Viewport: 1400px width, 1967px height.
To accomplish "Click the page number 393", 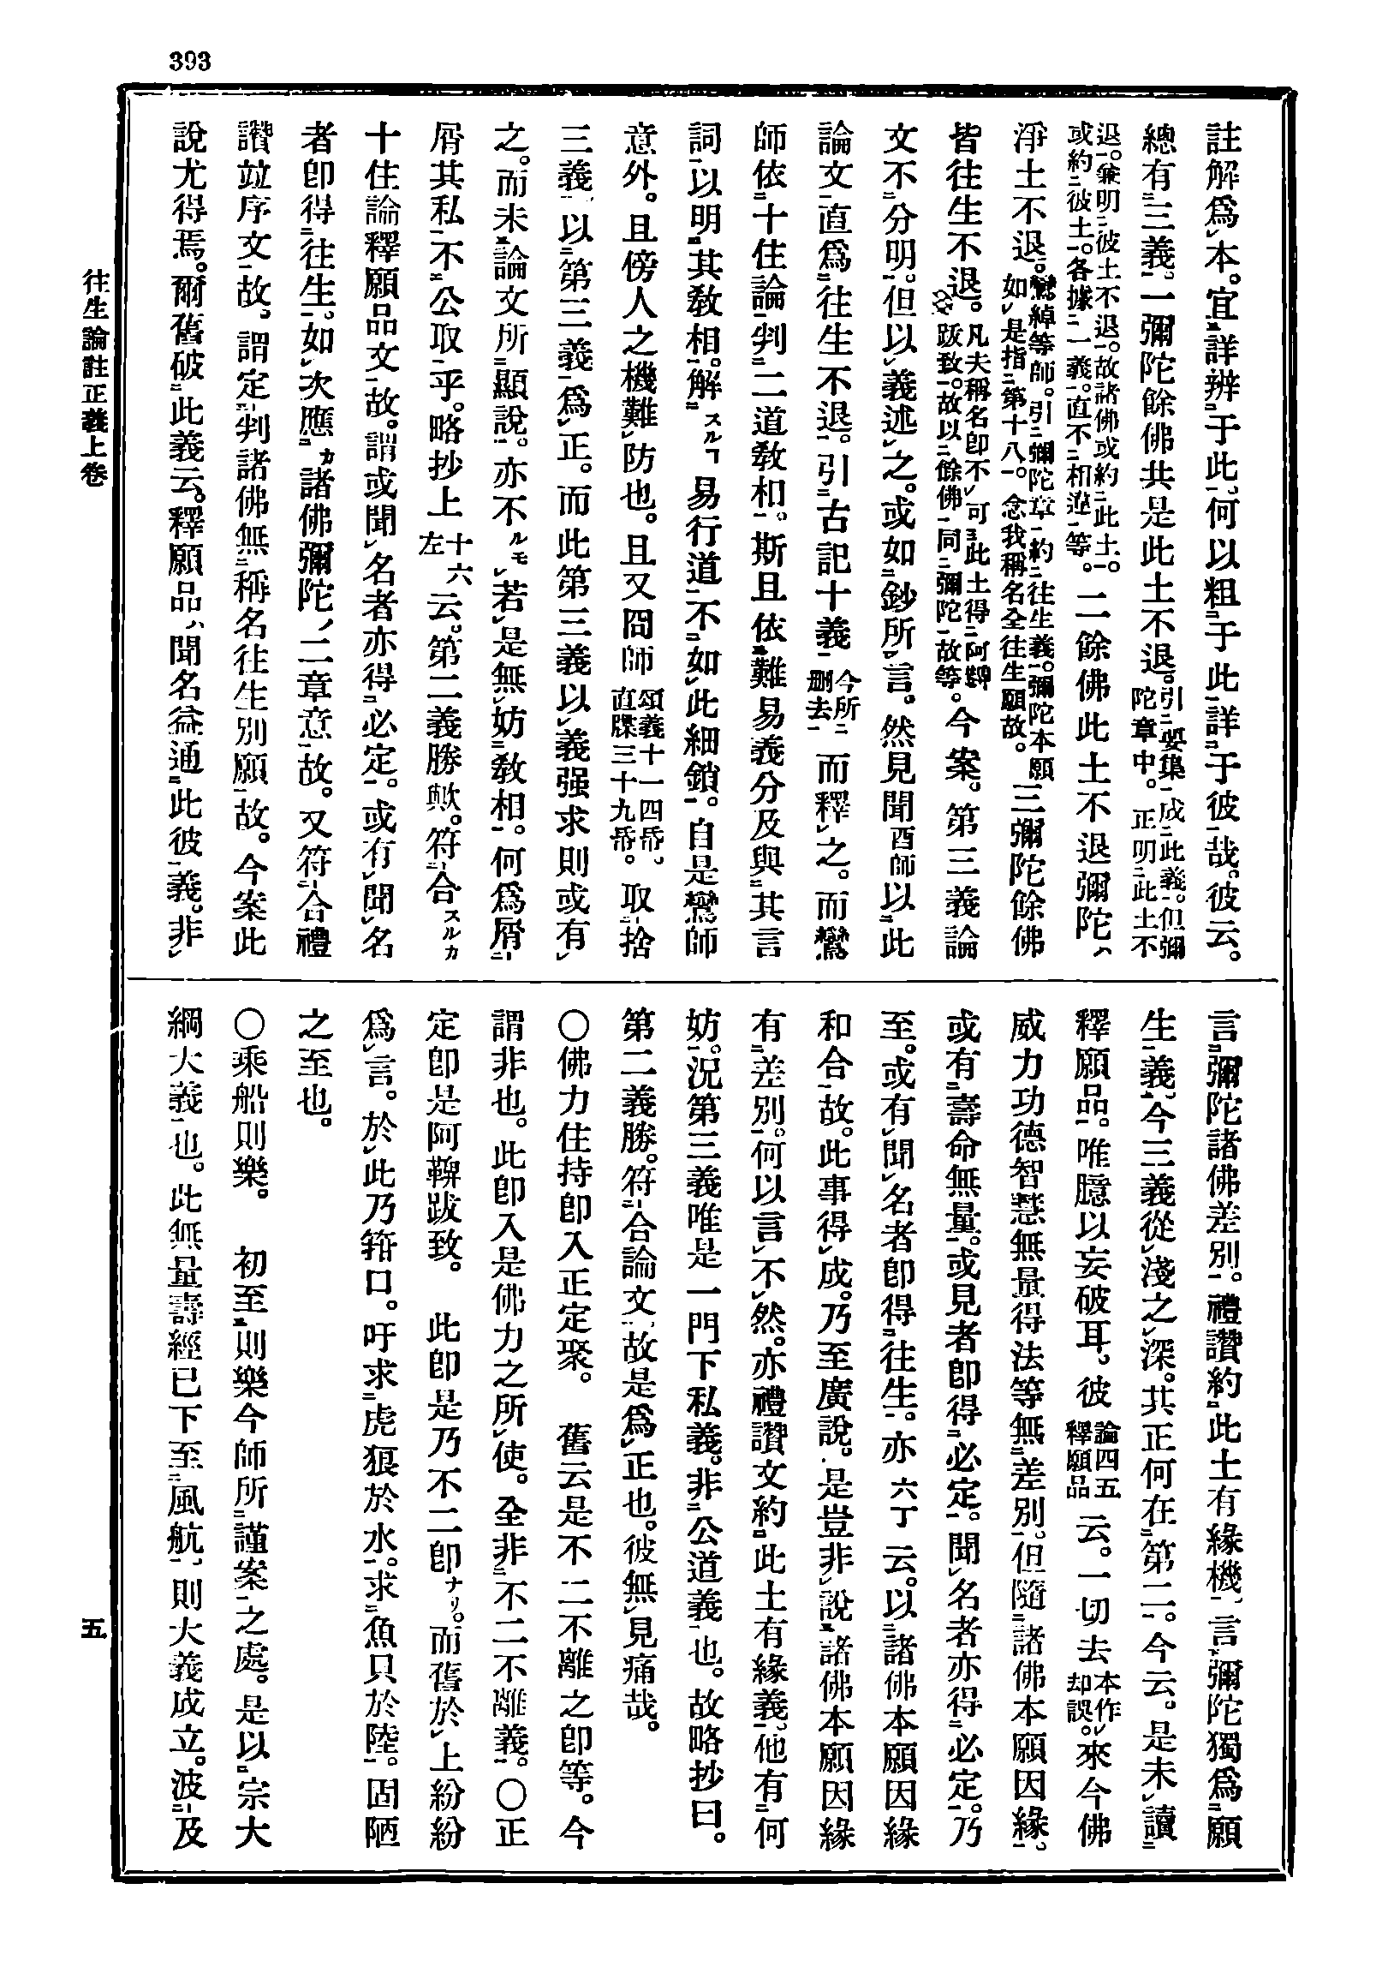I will pos(190,61).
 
